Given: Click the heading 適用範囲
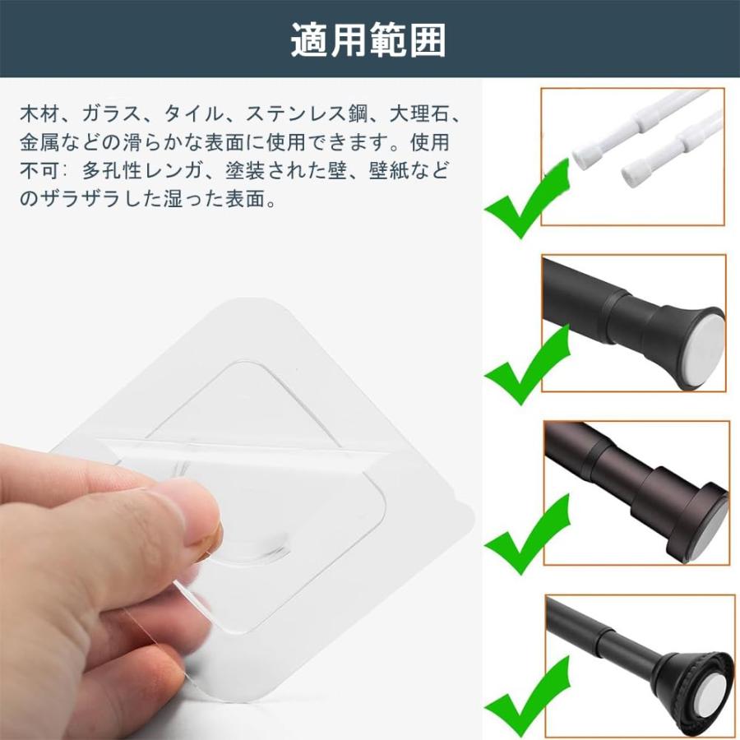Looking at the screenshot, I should pos(369,39).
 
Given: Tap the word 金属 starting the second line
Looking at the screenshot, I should pos(39,142).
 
